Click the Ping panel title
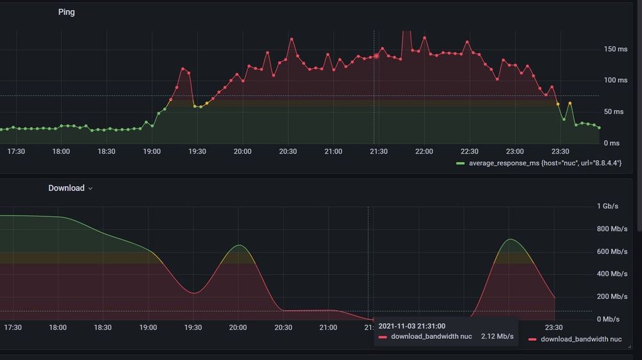[x=66, y=12]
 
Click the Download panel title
[x=66, y=188]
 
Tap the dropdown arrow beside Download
[x=91, y=189]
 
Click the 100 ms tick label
[x=615, y=80]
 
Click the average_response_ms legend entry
[x=545, y=163]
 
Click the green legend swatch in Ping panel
[x=461, y=164]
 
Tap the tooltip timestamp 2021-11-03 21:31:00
[x=412, y=327]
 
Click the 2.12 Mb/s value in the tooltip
[x=497, y=337]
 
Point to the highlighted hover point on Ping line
[x=377, y=56]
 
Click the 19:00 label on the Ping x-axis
[x=152, y=152]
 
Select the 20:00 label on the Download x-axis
[x=238, y=328]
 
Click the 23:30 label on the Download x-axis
[x=554, y=328]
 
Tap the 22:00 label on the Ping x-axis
[x=424, y=152]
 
